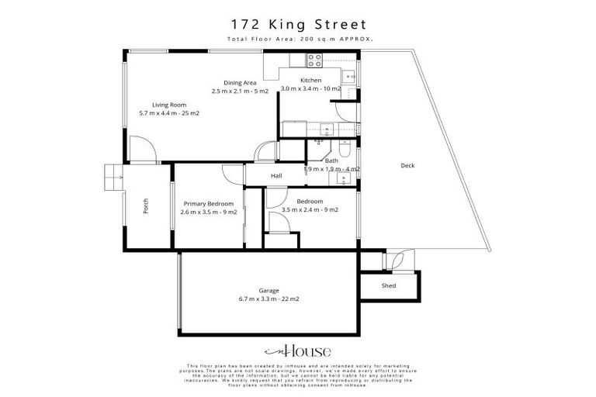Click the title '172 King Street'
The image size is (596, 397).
click(297, 26)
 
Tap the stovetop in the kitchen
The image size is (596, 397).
click(314, 59)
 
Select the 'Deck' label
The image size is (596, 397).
click(407, 166)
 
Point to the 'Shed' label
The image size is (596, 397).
click(389, 286)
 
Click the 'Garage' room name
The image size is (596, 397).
click(269, 291)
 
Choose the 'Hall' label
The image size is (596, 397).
click(276, 176)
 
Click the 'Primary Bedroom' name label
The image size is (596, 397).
click(208, 203)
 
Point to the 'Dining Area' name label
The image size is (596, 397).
click(240, 82)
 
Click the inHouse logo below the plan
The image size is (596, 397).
click(297, 350)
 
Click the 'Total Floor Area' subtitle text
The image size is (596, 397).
click(297, 39)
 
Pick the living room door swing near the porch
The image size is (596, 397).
click(140, 149)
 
